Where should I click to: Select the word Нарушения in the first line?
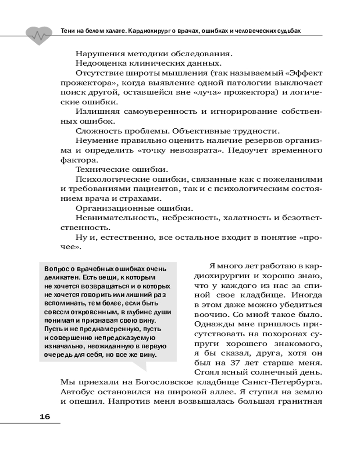coord(99,54)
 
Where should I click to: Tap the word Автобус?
coord(77,392)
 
